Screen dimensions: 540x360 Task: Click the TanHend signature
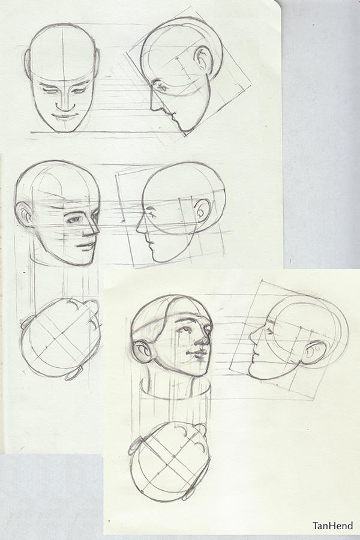tap(332, 526)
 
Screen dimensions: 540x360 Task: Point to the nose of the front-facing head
tap(63, 104)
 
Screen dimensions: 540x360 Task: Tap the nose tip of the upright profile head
tap(137, 229)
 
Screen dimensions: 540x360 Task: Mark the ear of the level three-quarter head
tap(25, 214)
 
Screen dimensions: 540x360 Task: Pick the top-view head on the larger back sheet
tap(59, 338)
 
